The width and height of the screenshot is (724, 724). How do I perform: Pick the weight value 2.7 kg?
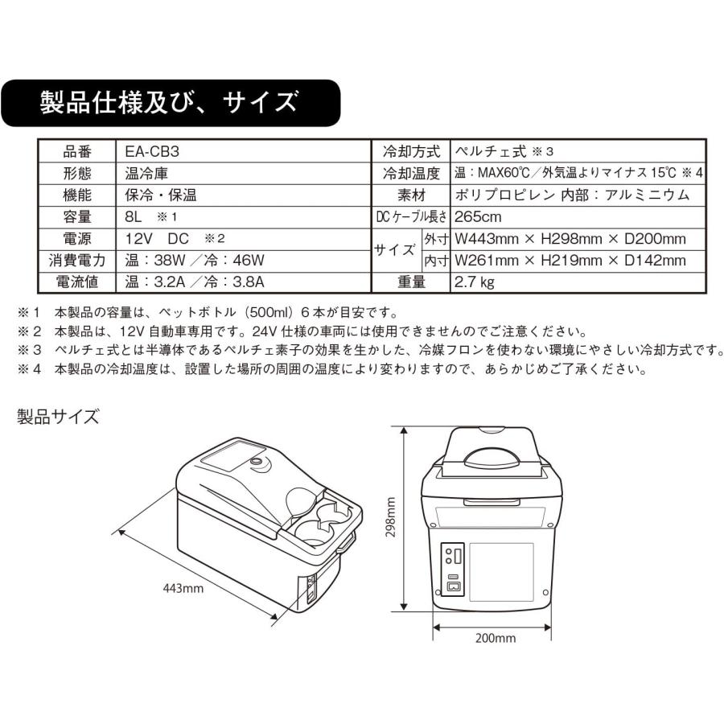475,282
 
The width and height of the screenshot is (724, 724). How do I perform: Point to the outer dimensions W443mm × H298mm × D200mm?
570,238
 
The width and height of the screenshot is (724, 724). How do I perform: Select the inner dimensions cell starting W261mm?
570,260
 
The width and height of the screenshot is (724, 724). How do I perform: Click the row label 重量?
409,282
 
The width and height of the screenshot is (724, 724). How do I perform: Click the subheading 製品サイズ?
59,416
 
